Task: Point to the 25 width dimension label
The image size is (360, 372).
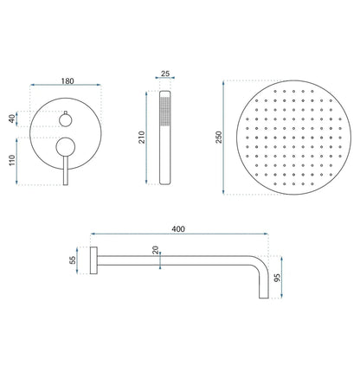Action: (x=166, y=74)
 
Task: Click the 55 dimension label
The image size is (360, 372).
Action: (x=74, y=260)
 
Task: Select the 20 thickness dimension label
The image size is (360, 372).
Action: (x=156, y=252)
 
